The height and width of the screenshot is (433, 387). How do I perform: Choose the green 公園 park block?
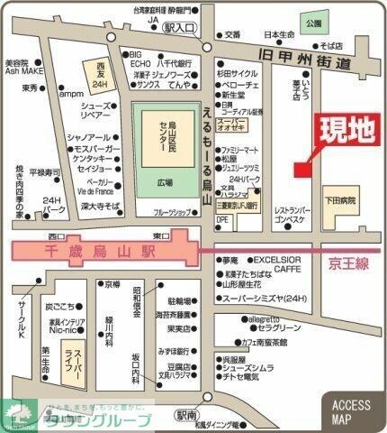tap(312, 20)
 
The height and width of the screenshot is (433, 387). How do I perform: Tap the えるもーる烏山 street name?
tap(207, 153)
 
